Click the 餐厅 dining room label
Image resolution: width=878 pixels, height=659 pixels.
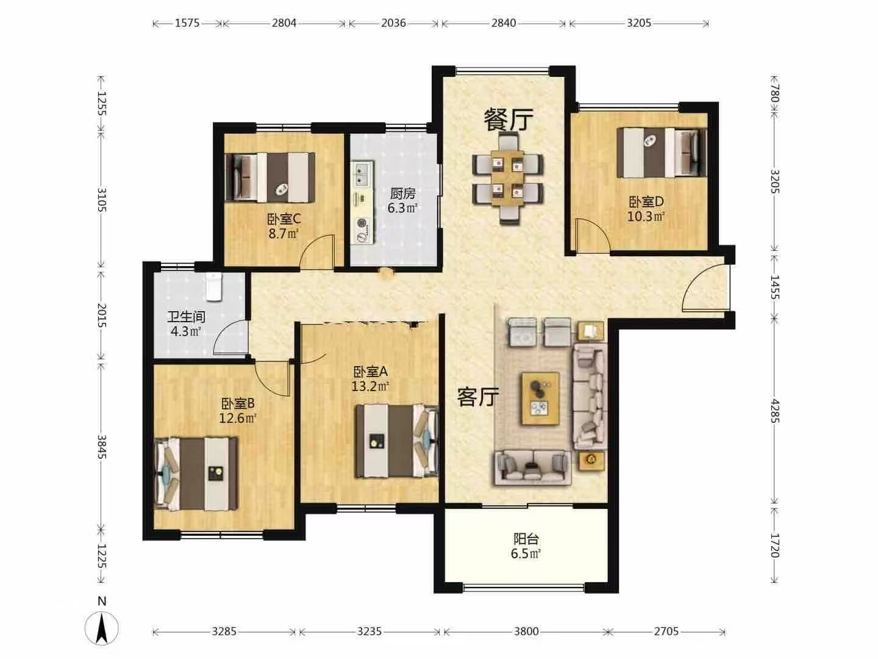pyautogui.click(x=509, y=119)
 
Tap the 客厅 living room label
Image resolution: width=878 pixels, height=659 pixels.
pyautogui.click(x=478, y=397)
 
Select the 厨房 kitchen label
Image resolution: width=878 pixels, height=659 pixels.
pyautogui.click(x=403, y=193)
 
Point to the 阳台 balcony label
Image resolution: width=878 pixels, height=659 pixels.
pyautogui.click(x=526, y=540)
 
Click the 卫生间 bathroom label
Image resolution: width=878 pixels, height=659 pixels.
pyautogui.click(x=186, y=317)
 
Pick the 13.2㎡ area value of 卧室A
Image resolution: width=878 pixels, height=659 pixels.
pyautogui.click(x=370, y=386)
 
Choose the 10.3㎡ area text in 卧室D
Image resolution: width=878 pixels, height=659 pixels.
pyautogui.click(x=646, y=217)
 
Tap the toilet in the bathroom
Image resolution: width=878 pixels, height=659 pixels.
pyautogui.click(x=213, y=287)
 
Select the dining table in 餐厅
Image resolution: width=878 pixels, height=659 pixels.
pyautogui.click(x=508, y=179)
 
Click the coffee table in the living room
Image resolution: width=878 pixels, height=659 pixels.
pyautogui.click(x=540, y=398)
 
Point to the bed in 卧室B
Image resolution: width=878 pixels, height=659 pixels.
pyautogui.click(x=196, y=474)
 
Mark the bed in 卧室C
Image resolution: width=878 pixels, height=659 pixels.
pyautogui.click(x=270, y=177)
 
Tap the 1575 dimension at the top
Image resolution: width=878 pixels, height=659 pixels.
pyautogui.click(x=187, y=23)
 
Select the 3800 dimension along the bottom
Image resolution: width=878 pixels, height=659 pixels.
pyautogui.click(x=526, y=632)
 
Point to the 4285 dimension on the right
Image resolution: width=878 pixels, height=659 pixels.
pyautogui.click(x=775, y=411)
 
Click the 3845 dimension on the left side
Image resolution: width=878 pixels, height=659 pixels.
pyautogui.click(x=102, y=447)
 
